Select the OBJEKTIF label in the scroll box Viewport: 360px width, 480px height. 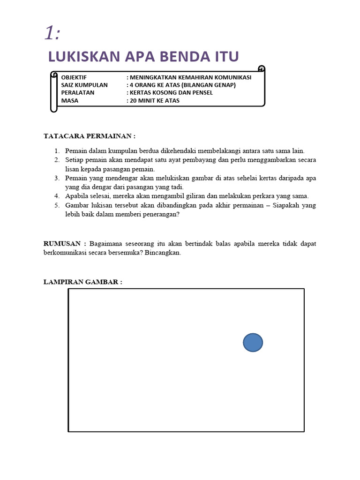74,77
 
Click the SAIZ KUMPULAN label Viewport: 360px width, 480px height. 84,85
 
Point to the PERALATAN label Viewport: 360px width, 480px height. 78,92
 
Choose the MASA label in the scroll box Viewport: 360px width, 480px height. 70,100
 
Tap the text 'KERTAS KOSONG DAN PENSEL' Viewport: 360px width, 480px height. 172,92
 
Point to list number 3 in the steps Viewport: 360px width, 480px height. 56,178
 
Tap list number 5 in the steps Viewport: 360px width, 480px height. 56,205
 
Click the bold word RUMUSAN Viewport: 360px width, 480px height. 63,244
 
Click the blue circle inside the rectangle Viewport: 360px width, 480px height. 253,343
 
